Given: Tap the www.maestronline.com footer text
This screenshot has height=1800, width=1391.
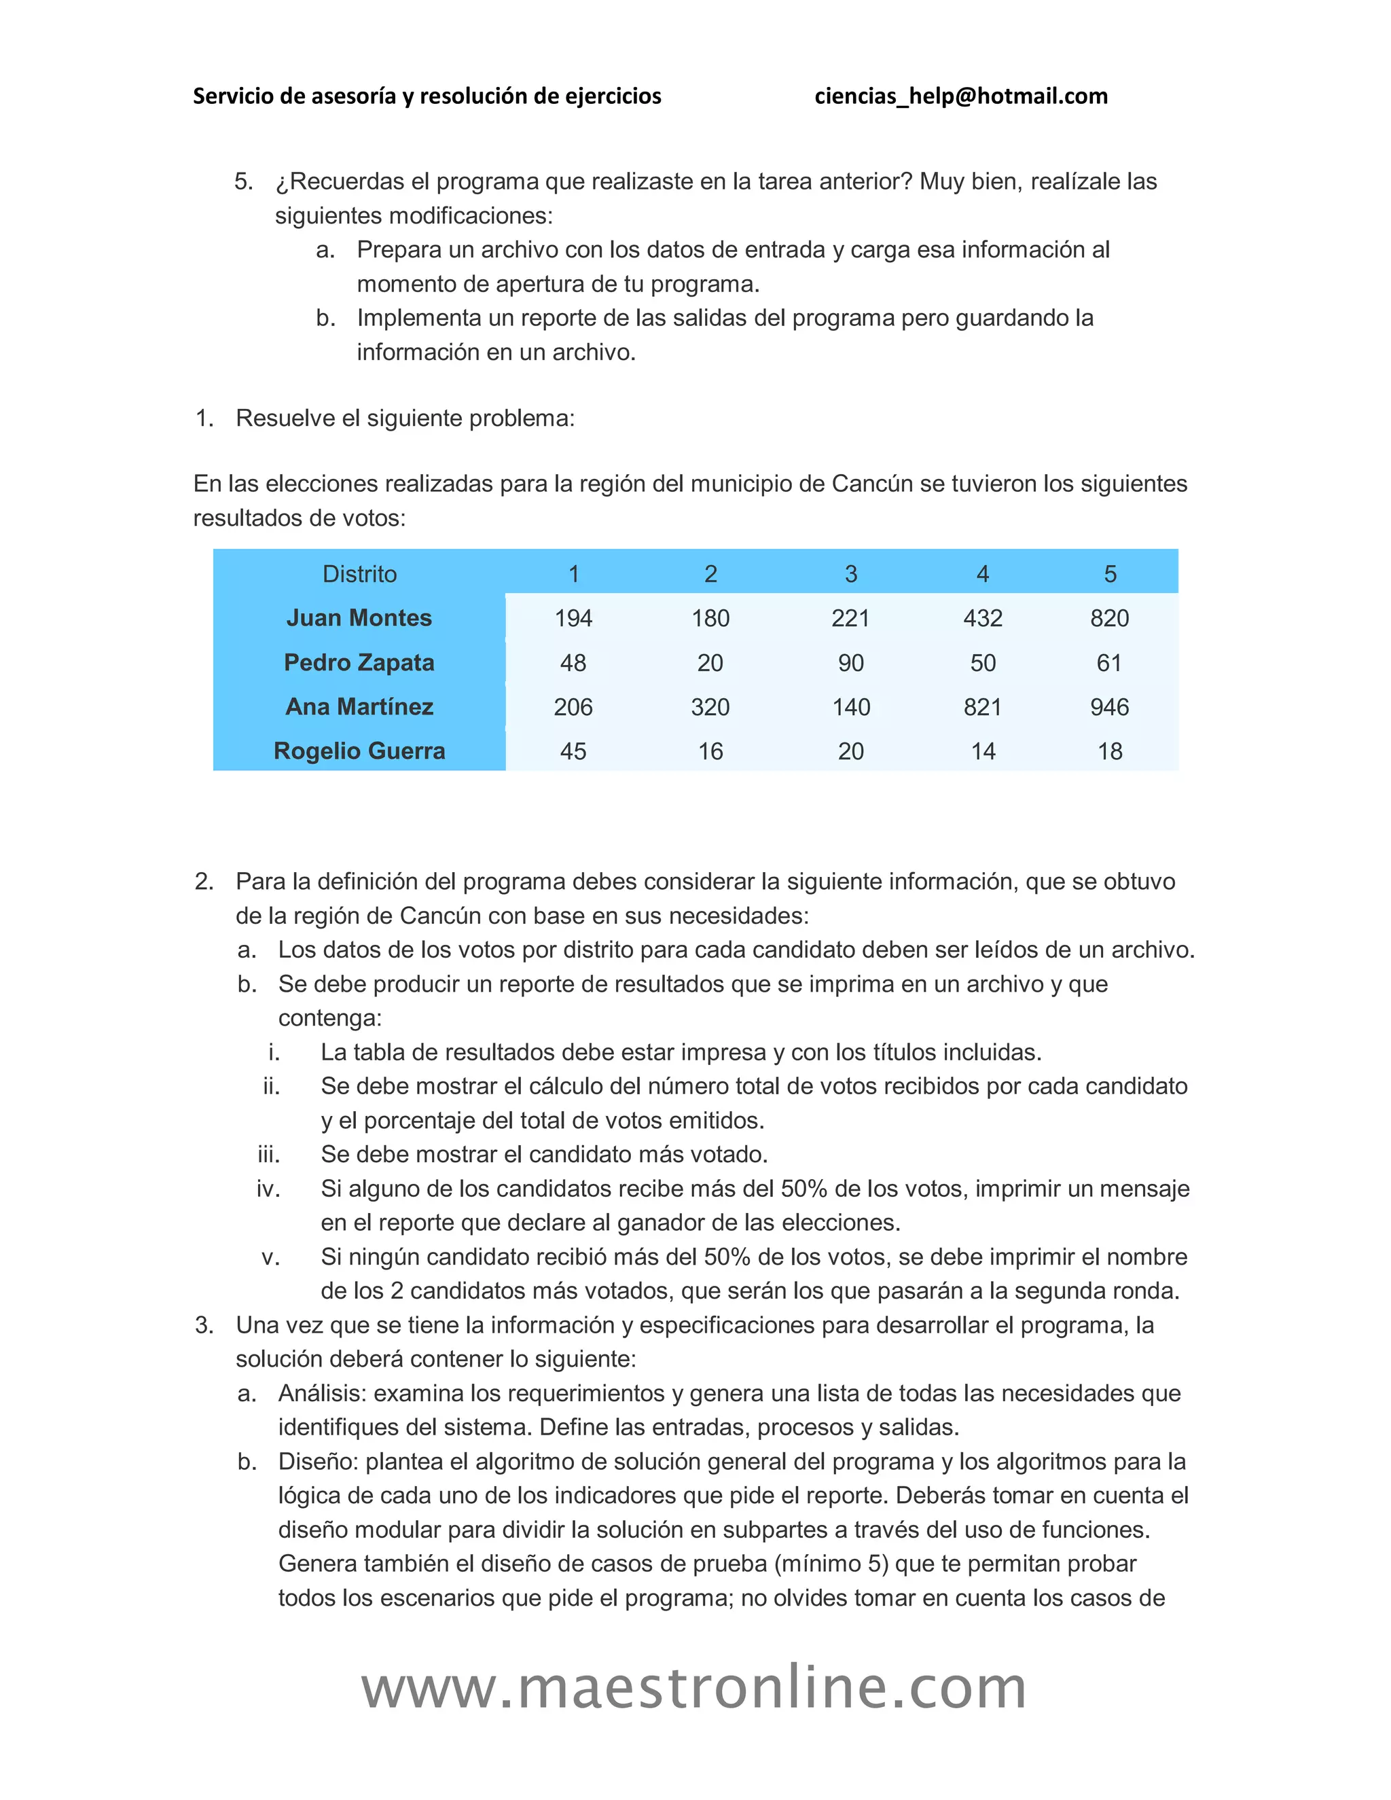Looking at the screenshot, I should point(694,1688).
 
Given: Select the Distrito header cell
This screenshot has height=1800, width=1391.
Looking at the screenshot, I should point(359,574).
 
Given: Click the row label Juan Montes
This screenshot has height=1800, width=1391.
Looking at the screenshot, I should point(359,618).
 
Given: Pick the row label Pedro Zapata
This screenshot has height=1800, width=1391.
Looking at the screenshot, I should point(359,663).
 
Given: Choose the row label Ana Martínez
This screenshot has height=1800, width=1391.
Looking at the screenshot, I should point(359,706).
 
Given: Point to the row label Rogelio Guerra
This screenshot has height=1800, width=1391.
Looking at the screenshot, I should point(359,751).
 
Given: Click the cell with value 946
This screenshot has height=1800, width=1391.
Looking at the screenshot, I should point(1109,707).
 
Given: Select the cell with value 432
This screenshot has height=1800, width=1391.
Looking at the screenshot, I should point(982,618).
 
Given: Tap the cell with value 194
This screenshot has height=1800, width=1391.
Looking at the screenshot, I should point(573,618).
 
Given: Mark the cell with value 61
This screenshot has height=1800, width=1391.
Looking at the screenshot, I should point(1109,663).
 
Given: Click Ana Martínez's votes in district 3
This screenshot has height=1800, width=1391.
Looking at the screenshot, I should point(851,707).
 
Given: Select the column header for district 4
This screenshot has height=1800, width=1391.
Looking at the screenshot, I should point(982,574).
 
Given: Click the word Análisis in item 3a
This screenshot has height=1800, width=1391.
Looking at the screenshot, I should point(322,1394).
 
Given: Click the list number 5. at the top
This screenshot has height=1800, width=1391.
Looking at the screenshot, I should point(243,181).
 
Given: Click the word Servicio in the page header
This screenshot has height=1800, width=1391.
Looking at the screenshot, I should point(232,96).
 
